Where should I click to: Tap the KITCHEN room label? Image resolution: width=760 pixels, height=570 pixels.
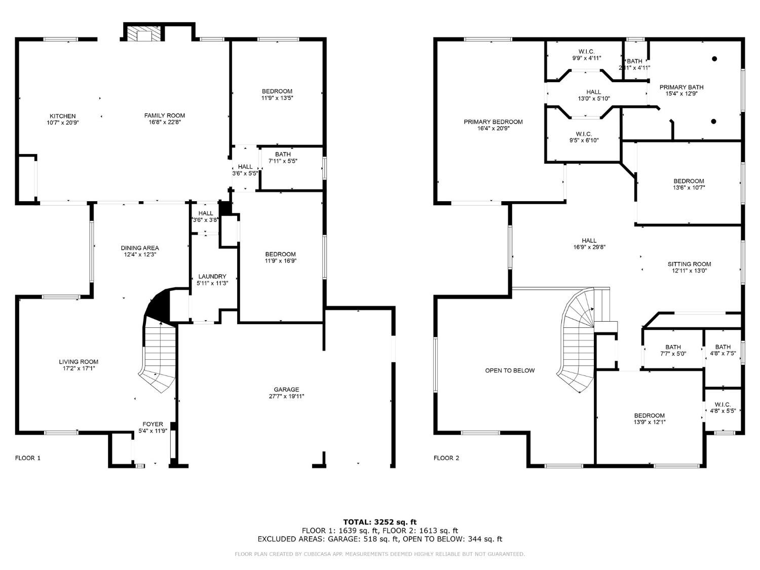pos(63,116)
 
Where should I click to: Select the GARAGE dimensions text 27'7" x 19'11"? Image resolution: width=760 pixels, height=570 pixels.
pos(287,396)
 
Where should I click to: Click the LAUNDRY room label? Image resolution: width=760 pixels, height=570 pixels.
pos(212,276)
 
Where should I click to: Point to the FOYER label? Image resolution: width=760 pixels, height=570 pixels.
pos(153,424)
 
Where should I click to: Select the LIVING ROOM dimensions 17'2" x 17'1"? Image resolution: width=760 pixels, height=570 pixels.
pos(79,368)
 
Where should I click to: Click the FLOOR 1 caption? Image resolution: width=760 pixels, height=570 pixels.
pos(28,458)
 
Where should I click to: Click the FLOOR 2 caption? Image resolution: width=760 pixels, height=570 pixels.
pos(446,458)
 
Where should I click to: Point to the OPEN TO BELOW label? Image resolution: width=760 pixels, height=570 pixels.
pos(510,370)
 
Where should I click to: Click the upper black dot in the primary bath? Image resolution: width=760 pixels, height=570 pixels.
pos(714,59)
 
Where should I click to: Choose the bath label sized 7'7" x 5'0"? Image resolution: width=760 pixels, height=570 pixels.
pos(673,347)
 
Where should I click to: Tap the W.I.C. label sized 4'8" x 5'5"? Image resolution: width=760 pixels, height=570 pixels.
pos(723,404)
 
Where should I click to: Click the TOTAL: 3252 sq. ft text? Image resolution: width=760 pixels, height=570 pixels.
pos(379,521)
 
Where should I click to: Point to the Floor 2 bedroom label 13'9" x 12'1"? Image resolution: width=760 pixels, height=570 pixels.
pos(649,415)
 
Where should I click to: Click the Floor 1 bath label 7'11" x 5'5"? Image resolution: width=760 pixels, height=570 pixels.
pos(283,155)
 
